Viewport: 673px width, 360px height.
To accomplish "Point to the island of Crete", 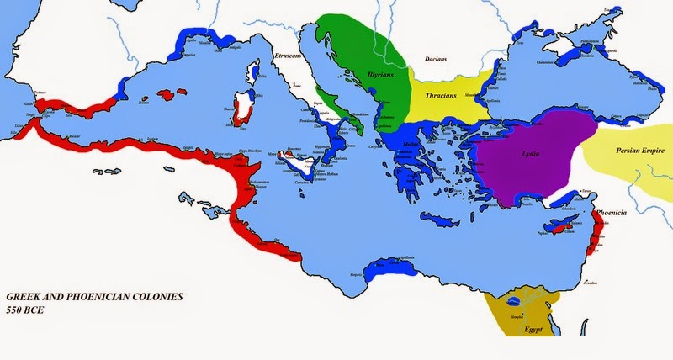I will pos(444,223).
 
